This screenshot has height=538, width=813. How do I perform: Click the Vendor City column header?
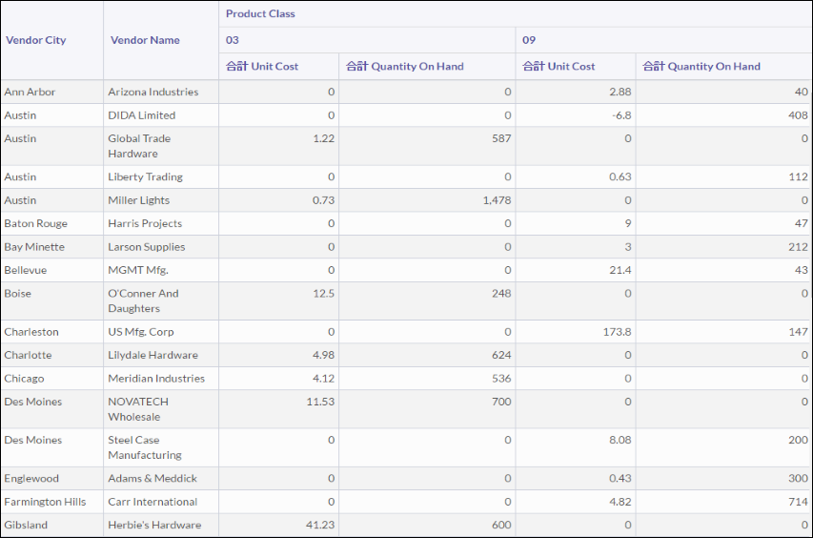(36, 40)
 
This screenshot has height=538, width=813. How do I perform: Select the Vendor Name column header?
(145, 40)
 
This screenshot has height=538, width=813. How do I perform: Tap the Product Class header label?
(260, 14)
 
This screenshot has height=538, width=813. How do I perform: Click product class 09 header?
(528, 40)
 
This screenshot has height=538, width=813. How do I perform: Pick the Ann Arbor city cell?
(30, 93)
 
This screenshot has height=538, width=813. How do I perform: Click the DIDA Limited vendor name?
(142, 115)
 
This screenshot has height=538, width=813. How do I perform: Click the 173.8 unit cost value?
(616, 332)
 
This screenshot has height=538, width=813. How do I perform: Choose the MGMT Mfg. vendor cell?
(138, 270)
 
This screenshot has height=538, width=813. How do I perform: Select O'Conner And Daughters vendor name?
(143, 300)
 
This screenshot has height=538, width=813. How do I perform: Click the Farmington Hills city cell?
(45, 502)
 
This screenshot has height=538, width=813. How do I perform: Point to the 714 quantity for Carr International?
(799, 502)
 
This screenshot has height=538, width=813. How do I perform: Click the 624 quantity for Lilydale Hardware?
(501, 355)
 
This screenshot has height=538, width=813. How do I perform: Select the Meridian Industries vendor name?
(156, 379)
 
